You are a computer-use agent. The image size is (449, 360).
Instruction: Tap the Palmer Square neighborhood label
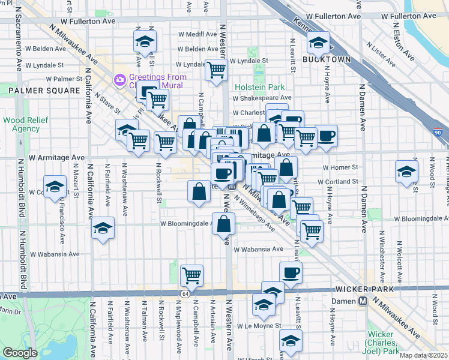point(44,91)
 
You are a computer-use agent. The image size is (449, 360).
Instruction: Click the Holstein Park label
point(259,87)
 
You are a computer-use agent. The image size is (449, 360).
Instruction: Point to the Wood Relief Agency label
point(21,124)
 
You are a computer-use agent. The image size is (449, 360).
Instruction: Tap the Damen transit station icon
point(362,301)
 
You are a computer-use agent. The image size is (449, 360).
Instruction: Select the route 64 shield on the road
point(186,293)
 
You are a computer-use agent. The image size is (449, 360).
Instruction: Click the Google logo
point(20,353)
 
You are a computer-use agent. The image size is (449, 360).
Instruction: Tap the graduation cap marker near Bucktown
point(318,42)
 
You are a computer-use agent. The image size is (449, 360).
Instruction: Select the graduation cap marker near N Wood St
point(406,170)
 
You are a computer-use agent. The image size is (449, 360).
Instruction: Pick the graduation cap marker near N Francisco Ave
point(55,186)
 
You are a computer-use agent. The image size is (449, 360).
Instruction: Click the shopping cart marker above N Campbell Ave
point(191,275)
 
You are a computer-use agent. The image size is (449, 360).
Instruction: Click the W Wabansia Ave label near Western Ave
point(258,249)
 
